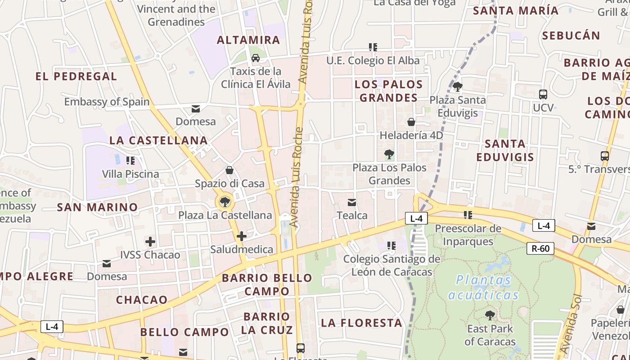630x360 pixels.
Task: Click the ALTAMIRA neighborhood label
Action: tap(248, 40)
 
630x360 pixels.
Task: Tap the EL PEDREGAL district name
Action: tap(76, 76)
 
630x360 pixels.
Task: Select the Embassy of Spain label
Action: tap(107, 102)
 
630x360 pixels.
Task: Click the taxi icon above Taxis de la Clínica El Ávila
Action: tap(256, 58)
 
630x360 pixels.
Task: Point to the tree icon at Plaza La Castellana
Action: tap(225, 202)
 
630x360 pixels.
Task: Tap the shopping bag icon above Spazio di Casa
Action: tap(229, 170)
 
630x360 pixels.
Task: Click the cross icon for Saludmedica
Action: tap(242, 236)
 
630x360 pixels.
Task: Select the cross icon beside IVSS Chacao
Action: tap(150, 242)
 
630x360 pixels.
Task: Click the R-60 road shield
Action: tap(540, 248)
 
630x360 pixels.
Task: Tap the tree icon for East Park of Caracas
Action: tap(490, 315)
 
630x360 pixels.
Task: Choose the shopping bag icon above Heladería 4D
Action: tap(411, 122)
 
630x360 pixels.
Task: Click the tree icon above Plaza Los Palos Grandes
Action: tap(389, 155)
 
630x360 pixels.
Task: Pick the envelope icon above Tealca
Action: tap(352, 202)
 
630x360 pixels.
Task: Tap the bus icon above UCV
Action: tap(543, 94)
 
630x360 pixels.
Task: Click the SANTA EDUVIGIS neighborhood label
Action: tap(505, 150)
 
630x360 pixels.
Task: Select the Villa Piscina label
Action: tap(130, 174)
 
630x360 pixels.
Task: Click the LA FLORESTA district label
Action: tap(361, 323)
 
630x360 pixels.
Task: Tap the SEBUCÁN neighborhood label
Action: tap(571, 36)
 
